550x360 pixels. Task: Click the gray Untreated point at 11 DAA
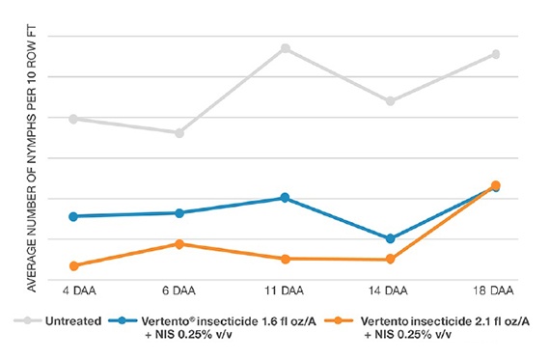(285, 48)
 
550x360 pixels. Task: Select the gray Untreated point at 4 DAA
(73, 119)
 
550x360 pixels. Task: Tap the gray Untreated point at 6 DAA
(179, 132)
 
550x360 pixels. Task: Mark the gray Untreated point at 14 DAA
(390, 100)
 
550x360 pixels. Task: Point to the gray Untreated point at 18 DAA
(496, 54)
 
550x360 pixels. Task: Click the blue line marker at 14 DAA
(390, 238)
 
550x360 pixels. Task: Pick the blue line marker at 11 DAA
(285, 198)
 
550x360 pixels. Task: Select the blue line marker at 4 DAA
(73, 216)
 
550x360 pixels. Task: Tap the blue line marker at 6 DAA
(179, 212)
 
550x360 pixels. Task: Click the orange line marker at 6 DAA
(179, 244)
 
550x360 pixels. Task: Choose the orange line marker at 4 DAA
(73, 265)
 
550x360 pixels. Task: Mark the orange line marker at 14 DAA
(390, 259)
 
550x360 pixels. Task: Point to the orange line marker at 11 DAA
(285, 259)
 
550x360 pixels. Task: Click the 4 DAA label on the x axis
(73, 291)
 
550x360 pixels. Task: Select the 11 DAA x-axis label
(285, 291)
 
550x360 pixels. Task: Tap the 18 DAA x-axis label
(496, 291)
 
